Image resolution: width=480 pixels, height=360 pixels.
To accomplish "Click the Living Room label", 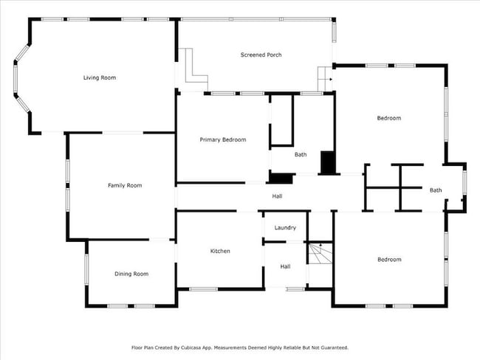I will (x=99, y=77).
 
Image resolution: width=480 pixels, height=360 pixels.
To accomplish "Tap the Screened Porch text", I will (x=261, y=55).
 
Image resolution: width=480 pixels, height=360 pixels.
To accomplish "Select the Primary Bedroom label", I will (x=223, y=139).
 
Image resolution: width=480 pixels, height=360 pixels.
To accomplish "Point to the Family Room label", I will (x=125, y=185).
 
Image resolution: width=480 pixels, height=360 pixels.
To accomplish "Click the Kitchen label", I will (x=220, y=251).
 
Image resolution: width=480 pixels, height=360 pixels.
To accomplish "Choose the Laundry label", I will (x=285, y=228).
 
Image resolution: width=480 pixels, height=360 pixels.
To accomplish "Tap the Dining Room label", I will (x=131, y=274).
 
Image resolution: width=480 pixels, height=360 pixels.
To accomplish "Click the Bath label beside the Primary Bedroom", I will (x=301, y=155).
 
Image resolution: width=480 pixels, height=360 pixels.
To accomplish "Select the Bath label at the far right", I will (x=436, y=190).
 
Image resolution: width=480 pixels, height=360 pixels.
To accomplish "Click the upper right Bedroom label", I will (x=389, y=118).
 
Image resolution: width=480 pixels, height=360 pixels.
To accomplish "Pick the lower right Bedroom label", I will (x=389, y=259).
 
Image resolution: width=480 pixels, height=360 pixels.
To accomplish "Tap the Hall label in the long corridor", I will (x=277, y=196).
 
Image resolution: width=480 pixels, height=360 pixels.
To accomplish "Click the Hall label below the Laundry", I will (x=285, y=266).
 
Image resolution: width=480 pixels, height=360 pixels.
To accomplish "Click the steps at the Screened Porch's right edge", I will (x=325, y=76).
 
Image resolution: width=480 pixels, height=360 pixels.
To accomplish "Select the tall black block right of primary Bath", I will (x=327, y=162).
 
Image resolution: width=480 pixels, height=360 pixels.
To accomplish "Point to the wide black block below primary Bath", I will (x=280, y=177).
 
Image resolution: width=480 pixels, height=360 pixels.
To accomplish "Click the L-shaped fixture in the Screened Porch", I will (x=194, y=66).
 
